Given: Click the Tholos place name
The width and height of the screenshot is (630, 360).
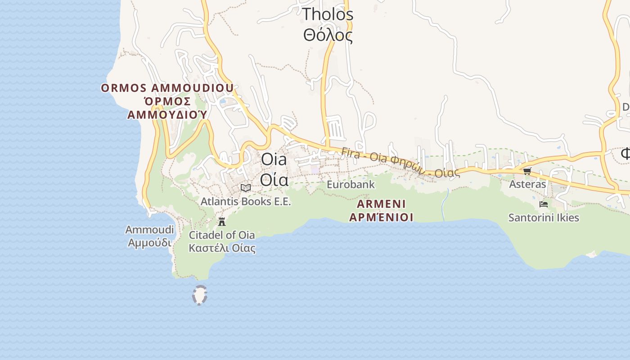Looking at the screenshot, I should [x=328, y=14].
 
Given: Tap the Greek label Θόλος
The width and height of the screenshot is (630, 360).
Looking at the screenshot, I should [x=328, y=35].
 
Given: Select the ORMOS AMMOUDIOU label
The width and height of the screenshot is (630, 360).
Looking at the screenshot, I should [x=167, y=88].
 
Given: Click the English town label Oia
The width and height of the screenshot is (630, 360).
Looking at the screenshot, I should [x=274, y=159].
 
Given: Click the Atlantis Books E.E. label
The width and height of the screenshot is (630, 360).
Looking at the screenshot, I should [x=246, y=201].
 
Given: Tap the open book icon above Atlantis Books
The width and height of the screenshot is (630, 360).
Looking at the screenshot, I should [x=246, y=188].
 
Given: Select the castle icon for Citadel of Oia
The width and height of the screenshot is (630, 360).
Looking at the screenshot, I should [x=222, y=221].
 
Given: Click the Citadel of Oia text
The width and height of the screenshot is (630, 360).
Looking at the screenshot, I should [x=222, y=235].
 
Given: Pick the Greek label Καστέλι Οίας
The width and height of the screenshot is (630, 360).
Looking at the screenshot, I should [x=222, y=248].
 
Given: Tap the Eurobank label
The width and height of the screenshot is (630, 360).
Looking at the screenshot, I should [x=351, y=184].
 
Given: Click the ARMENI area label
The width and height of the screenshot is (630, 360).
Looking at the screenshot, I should [x=381, y=204].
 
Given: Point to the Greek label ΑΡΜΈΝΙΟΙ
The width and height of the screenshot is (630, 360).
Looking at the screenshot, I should [x=381, y=217].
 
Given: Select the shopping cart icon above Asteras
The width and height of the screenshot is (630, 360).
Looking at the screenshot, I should [x=527, y=171].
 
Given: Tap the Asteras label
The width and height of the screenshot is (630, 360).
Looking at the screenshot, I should [x=527, y=184].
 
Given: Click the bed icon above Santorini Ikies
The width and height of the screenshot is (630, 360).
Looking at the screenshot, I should [x=543, y=204].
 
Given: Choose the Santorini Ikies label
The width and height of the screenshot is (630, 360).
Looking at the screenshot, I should [x=544, y=218].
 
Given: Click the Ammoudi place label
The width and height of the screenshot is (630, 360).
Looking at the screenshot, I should [x=149, y=230].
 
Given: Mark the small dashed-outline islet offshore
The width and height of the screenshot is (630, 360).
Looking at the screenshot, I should [x=199, y=295].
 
